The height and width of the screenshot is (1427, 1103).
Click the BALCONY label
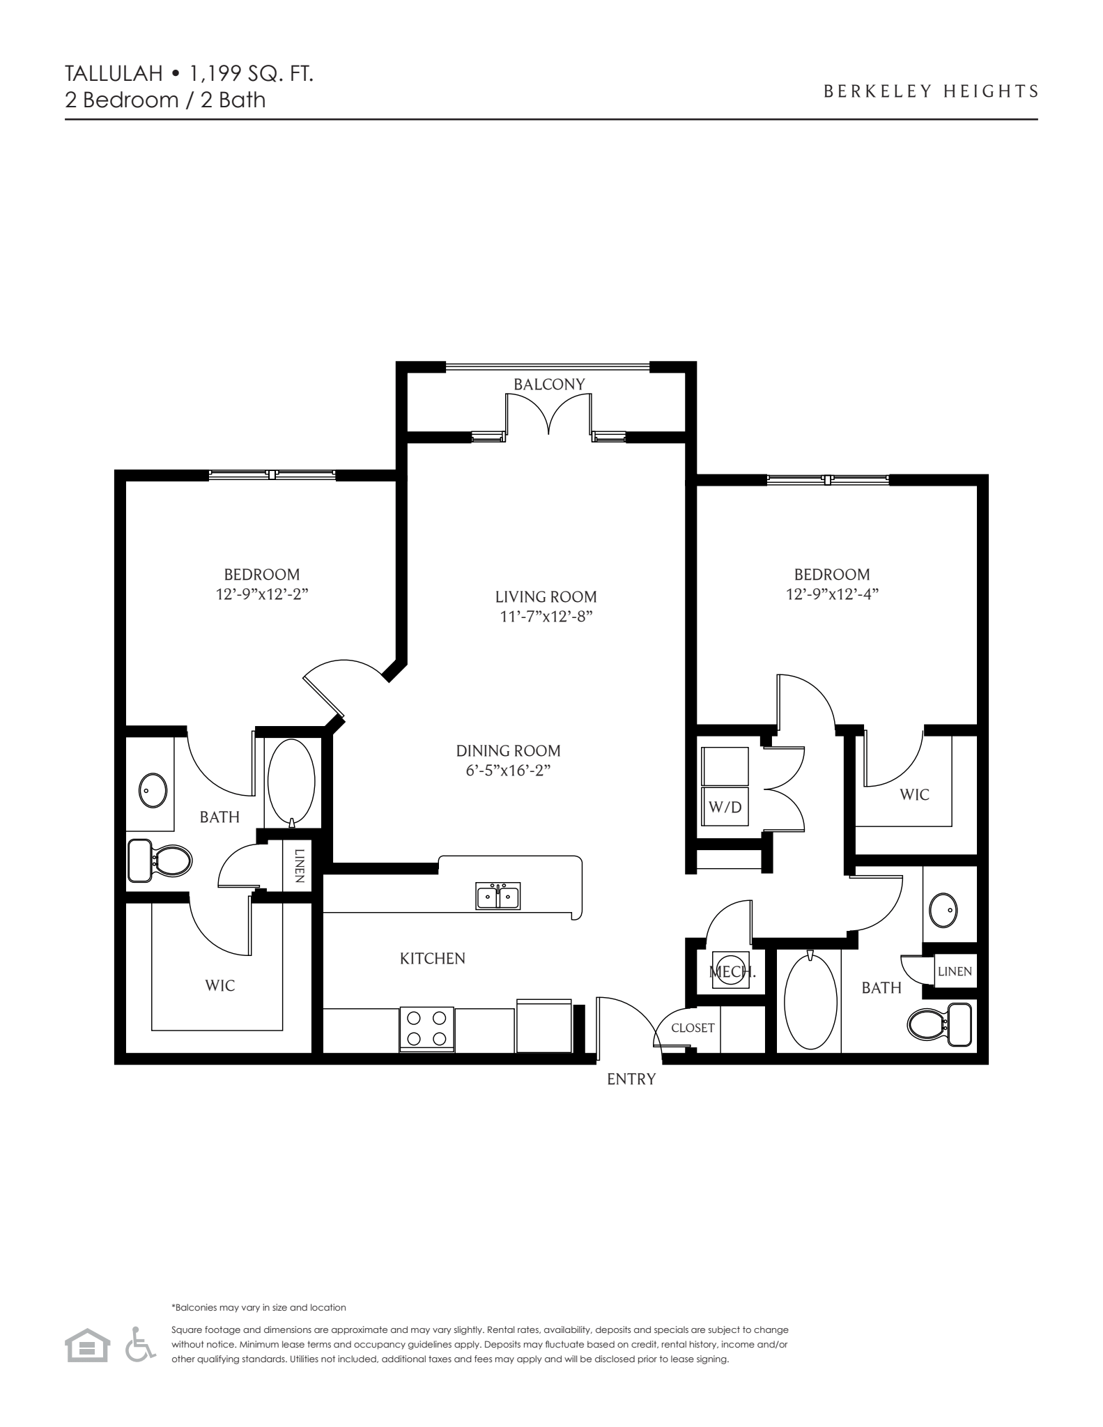[549, 384]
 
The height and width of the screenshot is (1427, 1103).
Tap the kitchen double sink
[498, 896]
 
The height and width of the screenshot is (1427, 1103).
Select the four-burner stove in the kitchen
[426, 1028]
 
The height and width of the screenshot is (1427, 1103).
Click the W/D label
[725, 808]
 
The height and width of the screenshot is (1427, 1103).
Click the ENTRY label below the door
[631, 1079]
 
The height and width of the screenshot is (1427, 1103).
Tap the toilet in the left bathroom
[161, 861]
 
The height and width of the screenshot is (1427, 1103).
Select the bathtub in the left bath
[291, 782]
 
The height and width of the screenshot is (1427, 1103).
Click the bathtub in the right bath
[808, 1002]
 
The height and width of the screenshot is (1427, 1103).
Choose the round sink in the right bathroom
[943, 909]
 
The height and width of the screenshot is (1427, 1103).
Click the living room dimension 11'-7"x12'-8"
[546, 616]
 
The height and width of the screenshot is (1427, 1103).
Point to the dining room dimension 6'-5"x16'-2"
[509, 771]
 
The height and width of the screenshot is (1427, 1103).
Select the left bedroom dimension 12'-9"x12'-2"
[262, 594]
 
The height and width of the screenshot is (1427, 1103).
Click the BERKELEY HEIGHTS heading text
[931, 91]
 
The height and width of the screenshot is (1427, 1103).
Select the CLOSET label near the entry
[693, 1028]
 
